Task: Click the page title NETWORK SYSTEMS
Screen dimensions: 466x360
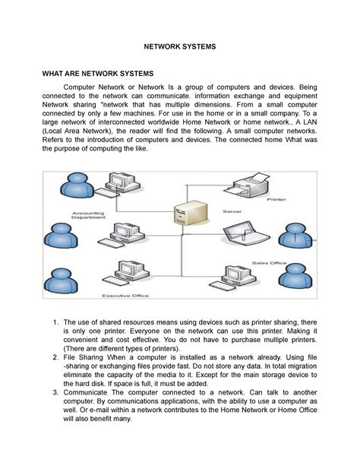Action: click(180, 46)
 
